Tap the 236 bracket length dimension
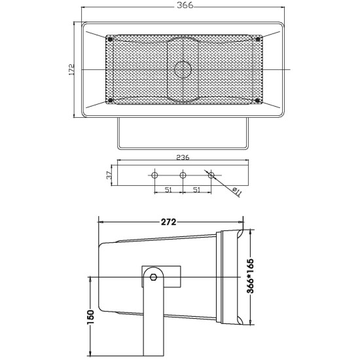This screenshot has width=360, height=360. pos(183,157)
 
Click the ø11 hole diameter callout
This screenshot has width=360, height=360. pos(237,190)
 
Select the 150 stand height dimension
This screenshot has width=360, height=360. pos(91,315)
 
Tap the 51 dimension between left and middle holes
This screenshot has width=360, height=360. pos(168,190)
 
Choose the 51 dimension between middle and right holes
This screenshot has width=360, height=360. pos(197,190)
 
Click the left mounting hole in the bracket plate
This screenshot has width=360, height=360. pos(154,175)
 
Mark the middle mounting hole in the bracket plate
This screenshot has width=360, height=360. pos(183,175)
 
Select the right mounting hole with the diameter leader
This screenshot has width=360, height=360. pos(211,175)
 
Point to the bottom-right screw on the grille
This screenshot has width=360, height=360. pos(258,100)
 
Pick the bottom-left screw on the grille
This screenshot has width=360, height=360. pos(109,100)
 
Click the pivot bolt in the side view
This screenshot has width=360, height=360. pos(153,277)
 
